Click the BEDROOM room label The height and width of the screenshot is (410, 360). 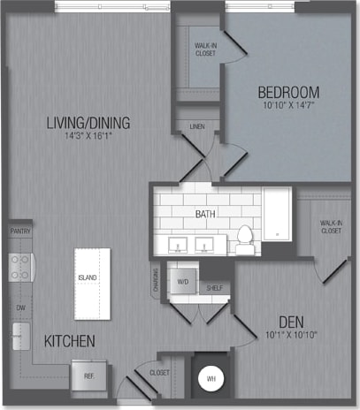pyautogui.click(x=288, y=92)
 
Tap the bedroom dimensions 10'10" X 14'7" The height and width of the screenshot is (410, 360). pyautogui.click(x=288, y=106)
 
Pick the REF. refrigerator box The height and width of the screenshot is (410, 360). pyautogui.click(x=89, y=375)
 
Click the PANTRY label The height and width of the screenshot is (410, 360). pyautogui.click(x=19, y=232)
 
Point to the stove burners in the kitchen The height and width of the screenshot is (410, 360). pyautogui.click(x=19, y=267)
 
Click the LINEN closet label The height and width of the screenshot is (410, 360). pyautogui.click(x=196, y=127)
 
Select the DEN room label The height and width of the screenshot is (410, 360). pyautogui.click(x=289, y=322)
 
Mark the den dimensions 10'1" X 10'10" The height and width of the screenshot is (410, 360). pyautogui.click(x=289, y=335)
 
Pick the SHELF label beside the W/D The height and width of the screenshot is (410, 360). pyautogui.click(x=213, y=287)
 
